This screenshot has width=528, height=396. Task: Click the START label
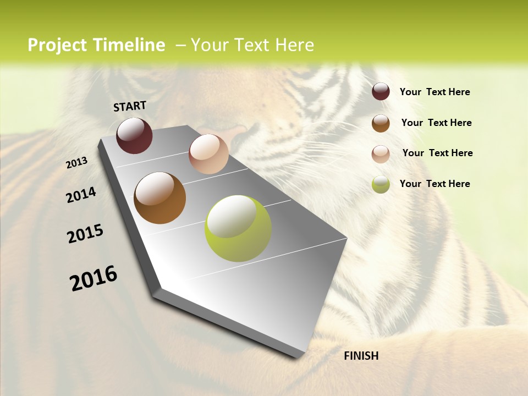pos(130,106)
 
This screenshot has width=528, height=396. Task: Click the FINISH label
pos(361,356)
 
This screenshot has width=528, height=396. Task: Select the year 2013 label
pos(77,162)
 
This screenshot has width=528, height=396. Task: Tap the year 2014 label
pos(81,195)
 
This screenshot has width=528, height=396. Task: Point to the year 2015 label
pos(85,234)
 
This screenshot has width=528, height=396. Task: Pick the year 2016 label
pos(94,278)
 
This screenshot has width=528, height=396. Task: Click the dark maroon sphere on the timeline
pos(134,135)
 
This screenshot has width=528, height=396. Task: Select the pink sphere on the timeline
pos(208,154)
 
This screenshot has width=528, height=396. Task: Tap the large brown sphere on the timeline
pos(159,198)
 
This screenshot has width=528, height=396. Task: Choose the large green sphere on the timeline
pos(238,228)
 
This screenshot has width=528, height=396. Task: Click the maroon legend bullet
pos(381,91)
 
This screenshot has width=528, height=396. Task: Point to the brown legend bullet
pos(381,123)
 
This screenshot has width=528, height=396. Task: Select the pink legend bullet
pos(381,154)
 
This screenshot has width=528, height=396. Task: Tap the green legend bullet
pos(381,184)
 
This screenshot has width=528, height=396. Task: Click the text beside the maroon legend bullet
pos(435,92)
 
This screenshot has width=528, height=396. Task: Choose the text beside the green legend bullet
pos(435,184)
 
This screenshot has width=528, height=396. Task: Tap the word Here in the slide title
pos(294,45)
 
